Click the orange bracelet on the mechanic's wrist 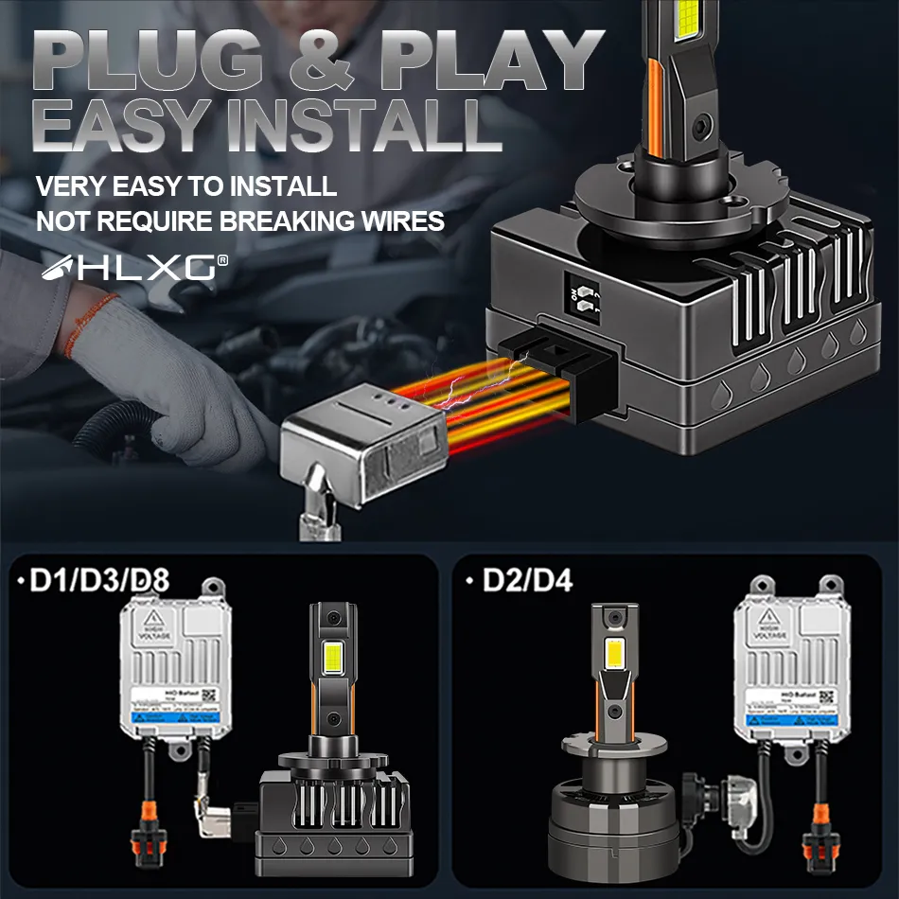pos(91,317)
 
